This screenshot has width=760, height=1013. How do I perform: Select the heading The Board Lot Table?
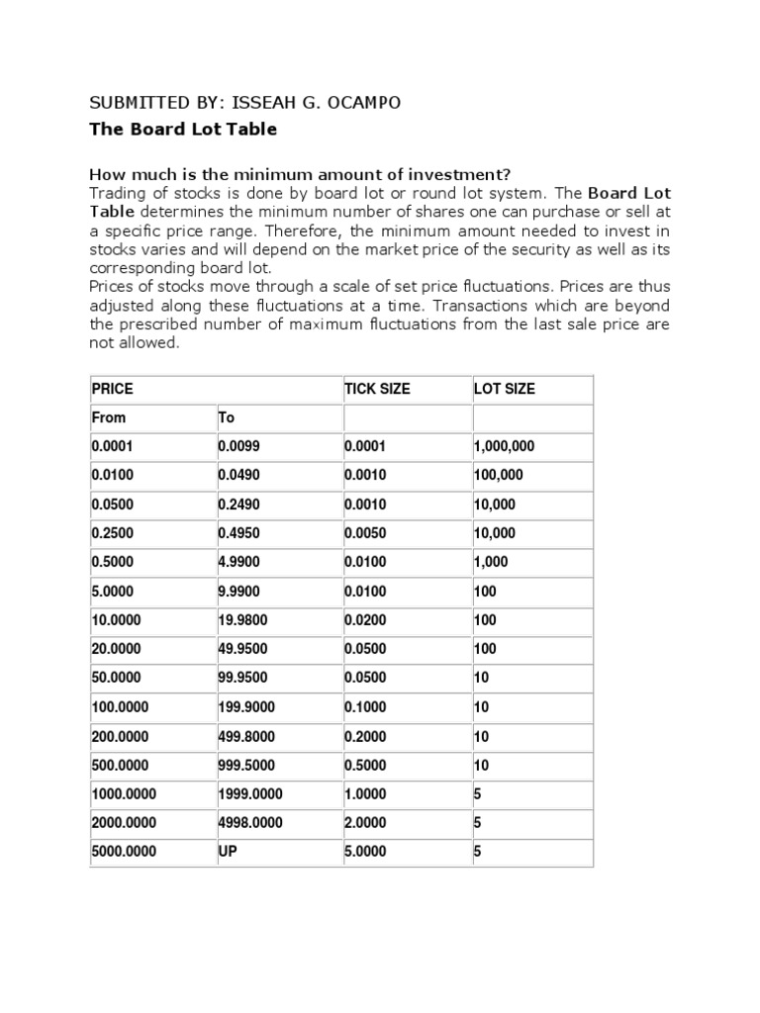[x=183, y=130]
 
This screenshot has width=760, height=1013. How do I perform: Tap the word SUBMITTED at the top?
[x=137, y=104]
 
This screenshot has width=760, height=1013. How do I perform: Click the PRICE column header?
[x=112, y=389]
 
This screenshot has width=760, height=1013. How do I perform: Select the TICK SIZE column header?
[x=376, y=389]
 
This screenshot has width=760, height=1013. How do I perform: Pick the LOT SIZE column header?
[x=505, y=389]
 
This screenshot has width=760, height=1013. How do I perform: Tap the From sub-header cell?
[x=109, y=417]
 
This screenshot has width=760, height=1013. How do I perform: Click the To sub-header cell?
[x=226, y=417]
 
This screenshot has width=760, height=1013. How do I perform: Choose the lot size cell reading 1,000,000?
[x=504, y=447]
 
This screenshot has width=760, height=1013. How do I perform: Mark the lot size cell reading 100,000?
[x=499, y=476]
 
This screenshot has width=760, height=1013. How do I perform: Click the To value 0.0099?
[x=238, y=447]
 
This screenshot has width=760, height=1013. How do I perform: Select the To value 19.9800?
[x=242, y=620]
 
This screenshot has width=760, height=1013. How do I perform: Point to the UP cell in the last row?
[x=228, y=852]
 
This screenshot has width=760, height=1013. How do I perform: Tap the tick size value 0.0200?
[x=365, y=620]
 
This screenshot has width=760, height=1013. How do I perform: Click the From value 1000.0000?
[x=124, y=794]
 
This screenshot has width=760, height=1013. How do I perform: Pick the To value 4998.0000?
[x=249, y=823]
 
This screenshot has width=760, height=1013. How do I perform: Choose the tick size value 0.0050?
[x=365, y=533]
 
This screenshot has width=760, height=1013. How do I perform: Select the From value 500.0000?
[x=120, y=766]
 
